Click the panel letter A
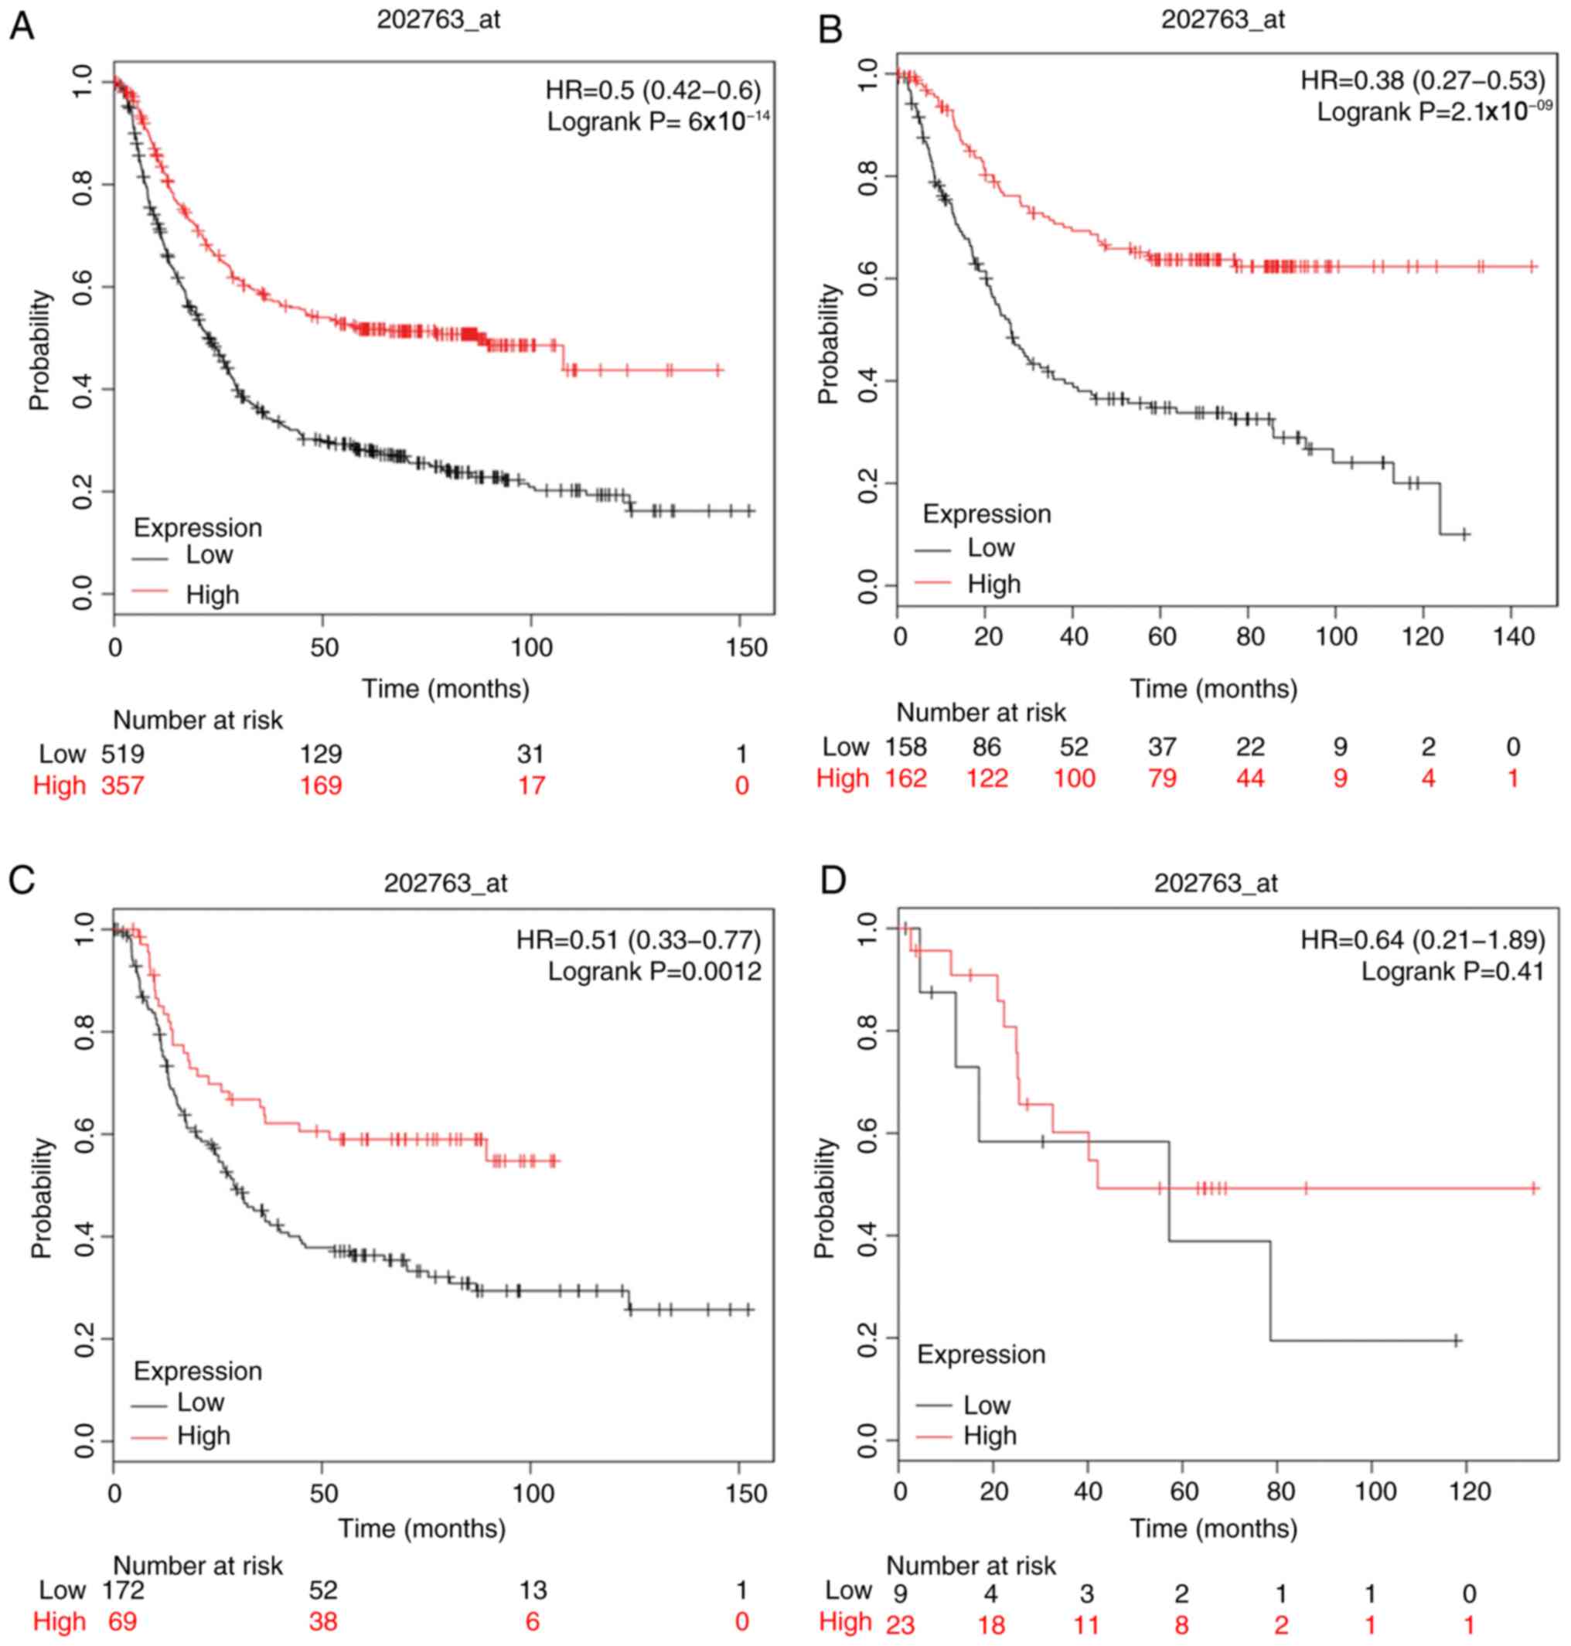click(x=21, y=27)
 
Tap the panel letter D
click(x=833, y=881)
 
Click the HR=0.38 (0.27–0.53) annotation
click(x=1423, y=80)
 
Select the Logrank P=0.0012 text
click(x=655, y=971)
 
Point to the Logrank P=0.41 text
click(x=1452, y=971)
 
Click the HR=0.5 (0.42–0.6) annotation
click(x=653, y=90)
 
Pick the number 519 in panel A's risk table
click(x=122, y=755)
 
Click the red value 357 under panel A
click(x=122, y=786)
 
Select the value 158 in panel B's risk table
click(x=906, y=746)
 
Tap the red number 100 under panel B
click(x=1074, y=778)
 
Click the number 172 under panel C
click(x=122, y=1590)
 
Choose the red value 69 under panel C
click(x=122, y=1621)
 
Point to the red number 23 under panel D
click(x=900, y=1624)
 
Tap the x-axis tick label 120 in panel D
click(x=1470, y=1491)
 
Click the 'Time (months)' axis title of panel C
click(x=422, y=1528)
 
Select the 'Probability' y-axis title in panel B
click(x=829, y=344)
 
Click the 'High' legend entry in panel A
click(x=212, y=595)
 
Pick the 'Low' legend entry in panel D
click(x=987, y=1404)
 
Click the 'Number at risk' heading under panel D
click(x=970, y=1565)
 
